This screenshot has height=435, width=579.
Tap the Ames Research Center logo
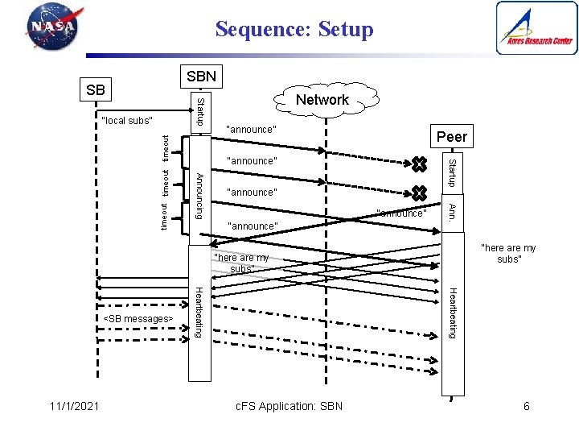tap(536, 28)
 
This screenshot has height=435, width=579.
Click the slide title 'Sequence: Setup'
tap(294, 30)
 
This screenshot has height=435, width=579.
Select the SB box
tap(95, 89)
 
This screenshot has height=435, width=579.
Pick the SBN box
tap(200, 77)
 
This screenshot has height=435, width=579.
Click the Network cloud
tap(322, 100)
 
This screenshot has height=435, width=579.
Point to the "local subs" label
tap(127, 121)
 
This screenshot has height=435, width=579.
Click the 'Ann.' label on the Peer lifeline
tap(452, 212)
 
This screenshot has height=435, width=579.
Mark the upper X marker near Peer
tap(418, 166)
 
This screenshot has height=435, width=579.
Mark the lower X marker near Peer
tap(418, 193)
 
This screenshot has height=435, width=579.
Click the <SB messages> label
tap(138, 319)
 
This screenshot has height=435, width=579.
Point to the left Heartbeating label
tap(199, 313)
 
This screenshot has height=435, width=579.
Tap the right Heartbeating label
tap(452, 313)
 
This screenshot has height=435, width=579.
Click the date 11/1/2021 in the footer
tap(72, 406)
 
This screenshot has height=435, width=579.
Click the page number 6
tap(527, 406)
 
